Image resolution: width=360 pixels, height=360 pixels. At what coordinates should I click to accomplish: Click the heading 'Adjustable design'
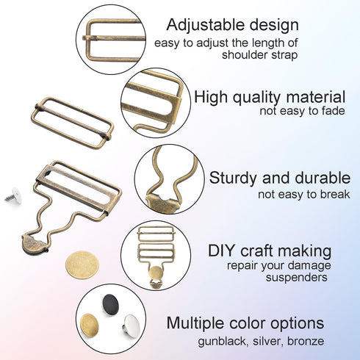coord(232,25)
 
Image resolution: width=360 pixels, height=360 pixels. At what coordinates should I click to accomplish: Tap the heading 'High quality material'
coord(270,96)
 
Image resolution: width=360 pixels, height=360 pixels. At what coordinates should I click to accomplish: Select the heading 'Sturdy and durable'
coord(279,178)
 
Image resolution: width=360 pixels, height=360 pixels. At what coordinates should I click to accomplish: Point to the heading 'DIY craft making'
coord(270,250)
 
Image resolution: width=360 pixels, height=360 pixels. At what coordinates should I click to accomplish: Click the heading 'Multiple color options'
coord(245,323)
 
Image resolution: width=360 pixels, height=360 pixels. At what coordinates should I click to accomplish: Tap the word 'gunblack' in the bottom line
coord(222,342)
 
